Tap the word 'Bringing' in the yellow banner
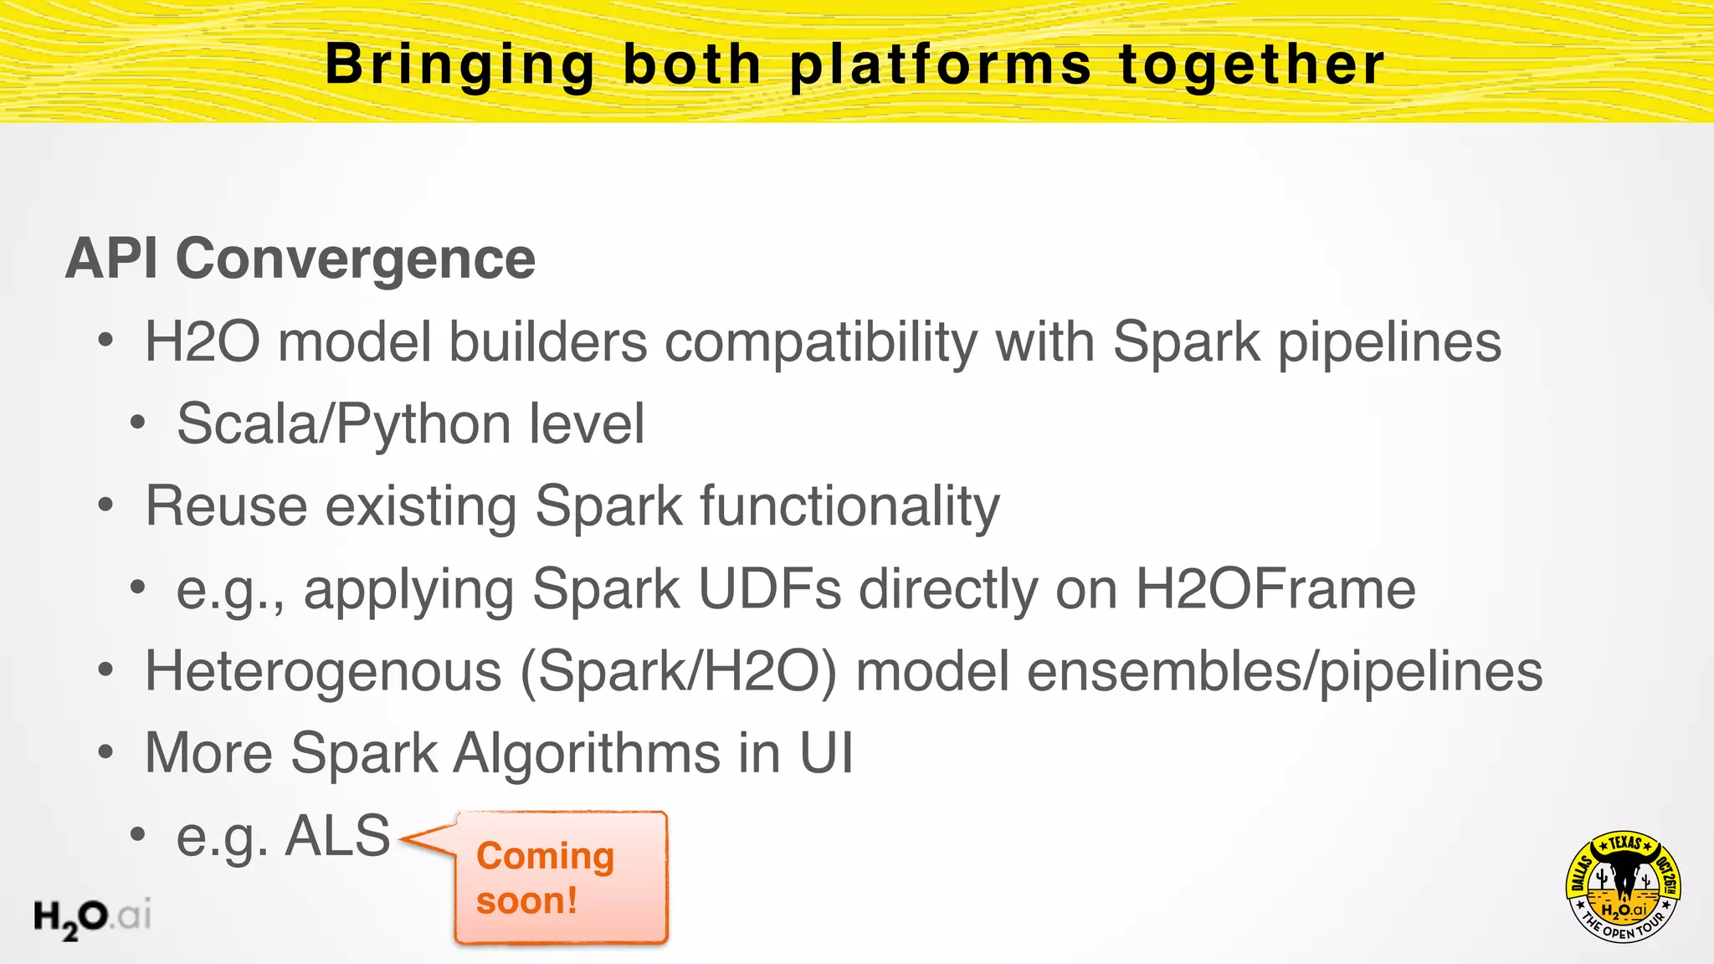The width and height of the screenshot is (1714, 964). click(x=459, y=65)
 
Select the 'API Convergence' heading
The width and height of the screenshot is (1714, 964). click(x=300, y=259)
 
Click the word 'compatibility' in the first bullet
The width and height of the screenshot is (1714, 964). click(x=820, y=343)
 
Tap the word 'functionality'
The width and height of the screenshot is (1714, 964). click(x=849, y=506)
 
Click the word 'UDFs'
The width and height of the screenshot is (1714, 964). click(x=769, y=589)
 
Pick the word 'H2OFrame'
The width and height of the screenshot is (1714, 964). click(x=1275, y=589)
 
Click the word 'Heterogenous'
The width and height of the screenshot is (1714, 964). click(x=323, y=671)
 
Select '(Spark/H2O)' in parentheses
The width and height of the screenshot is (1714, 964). click(x=678, y=671)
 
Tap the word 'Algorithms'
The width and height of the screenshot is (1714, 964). click(x=586, y=753)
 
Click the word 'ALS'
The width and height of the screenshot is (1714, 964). click(x=337, y=835)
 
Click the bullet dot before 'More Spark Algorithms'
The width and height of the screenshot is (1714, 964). click(x=105, y=752)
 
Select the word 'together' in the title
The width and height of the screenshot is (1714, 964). click(x=1252, y=65)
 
